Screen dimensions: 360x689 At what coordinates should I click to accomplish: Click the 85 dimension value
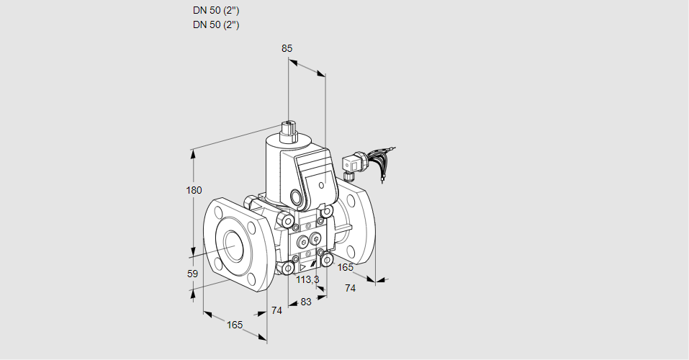point(287,48)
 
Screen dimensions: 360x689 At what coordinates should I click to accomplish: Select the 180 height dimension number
point(194,190)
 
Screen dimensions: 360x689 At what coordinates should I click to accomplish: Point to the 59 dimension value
point(192,274)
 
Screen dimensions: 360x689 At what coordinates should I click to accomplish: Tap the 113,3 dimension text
point(307,279)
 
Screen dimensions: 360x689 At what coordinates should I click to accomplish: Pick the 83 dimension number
point(305,302)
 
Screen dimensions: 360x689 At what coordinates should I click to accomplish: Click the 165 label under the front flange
point(235,325)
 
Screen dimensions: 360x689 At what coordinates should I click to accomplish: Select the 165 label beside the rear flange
point(346,268)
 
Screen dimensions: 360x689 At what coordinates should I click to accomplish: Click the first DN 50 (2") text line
point(216,11)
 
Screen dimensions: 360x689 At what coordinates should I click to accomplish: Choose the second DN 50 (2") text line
point(216,24)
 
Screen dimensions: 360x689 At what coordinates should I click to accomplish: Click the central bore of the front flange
point(233,246)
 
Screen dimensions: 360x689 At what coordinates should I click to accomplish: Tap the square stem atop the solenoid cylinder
point(289,130)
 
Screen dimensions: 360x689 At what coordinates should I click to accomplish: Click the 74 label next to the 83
point(276,311)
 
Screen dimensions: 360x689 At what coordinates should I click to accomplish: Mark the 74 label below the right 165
point(351,288)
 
